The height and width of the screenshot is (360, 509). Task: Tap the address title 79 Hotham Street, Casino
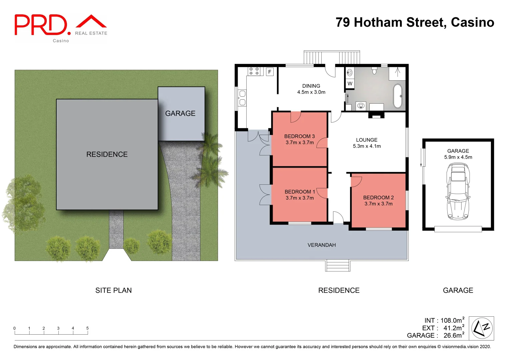click(x=415, y=22)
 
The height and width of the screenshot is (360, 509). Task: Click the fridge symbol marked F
click(x=270, y=72)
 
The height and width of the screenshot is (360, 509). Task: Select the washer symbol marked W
click(x=350, y=84)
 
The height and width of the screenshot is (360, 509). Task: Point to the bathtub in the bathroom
click(x=398, y=96)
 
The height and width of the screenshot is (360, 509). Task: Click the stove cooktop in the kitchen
click(x=254, y=71)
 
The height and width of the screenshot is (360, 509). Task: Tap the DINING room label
click(x=311, y=86)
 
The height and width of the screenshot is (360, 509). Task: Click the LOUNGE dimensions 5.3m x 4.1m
click(x=367, y=146)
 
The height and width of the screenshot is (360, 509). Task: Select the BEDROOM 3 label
click(x=299, y=136)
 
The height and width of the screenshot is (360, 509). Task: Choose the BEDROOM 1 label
click(x=300, y=192)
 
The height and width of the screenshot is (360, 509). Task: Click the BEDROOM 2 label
click(x=378, y=198)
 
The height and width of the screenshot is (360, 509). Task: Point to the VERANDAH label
click(x=321, y=245)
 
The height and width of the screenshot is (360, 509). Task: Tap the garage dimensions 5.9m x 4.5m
click(x=458, y=157)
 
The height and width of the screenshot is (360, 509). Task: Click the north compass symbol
click(x=481, y=328)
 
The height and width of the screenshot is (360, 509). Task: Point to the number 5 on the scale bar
click(x=87, y=328)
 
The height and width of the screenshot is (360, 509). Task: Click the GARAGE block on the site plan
click(x=181, y=113)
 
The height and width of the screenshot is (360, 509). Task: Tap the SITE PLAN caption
click(x=113, y=290)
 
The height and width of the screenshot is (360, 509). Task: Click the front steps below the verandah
click(x=338, y=266)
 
